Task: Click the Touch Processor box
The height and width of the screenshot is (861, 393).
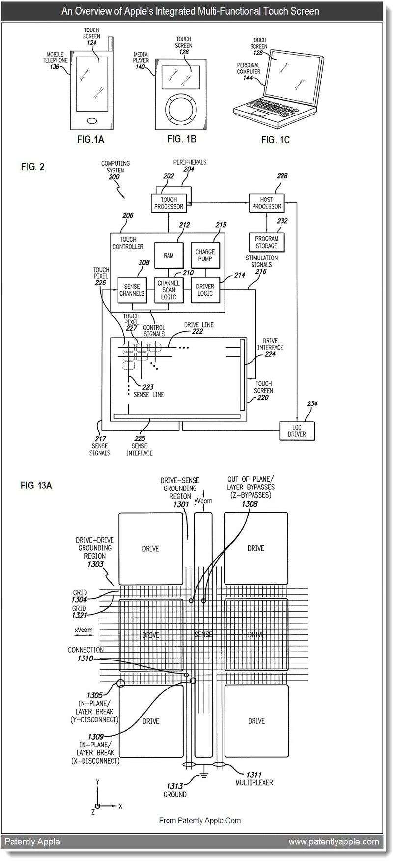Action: (x=168, y=203)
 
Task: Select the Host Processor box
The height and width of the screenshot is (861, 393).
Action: (x=266, y=203)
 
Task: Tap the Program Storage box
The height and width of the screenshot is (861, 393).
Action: (x=266, y=242)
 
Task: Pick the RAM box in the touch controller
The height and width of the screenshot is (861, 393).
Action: (x=168, y=256)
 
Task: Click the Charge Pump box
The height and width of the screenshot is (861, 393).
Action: (x=205, y=256)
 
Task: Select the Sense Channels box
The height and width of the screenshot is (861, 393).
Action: (x=132, y=290)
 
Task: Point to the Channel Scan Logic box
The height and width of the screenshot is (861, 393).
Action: (x=168, y=290)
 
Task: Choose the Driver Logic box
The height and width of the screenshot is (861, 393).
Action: (x=205, y=290)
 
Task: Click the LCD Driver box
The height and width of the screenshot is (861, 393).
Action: (x=297, y=431)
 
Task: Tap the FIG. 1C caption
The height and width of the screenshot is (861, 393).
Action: (x=275, y=140)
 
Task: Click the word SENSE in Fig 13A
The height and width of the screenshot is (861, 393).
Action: (x=203, y=635)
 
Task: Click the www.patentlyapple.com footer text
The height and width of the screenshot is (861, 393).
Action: (x=334, y=841)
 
